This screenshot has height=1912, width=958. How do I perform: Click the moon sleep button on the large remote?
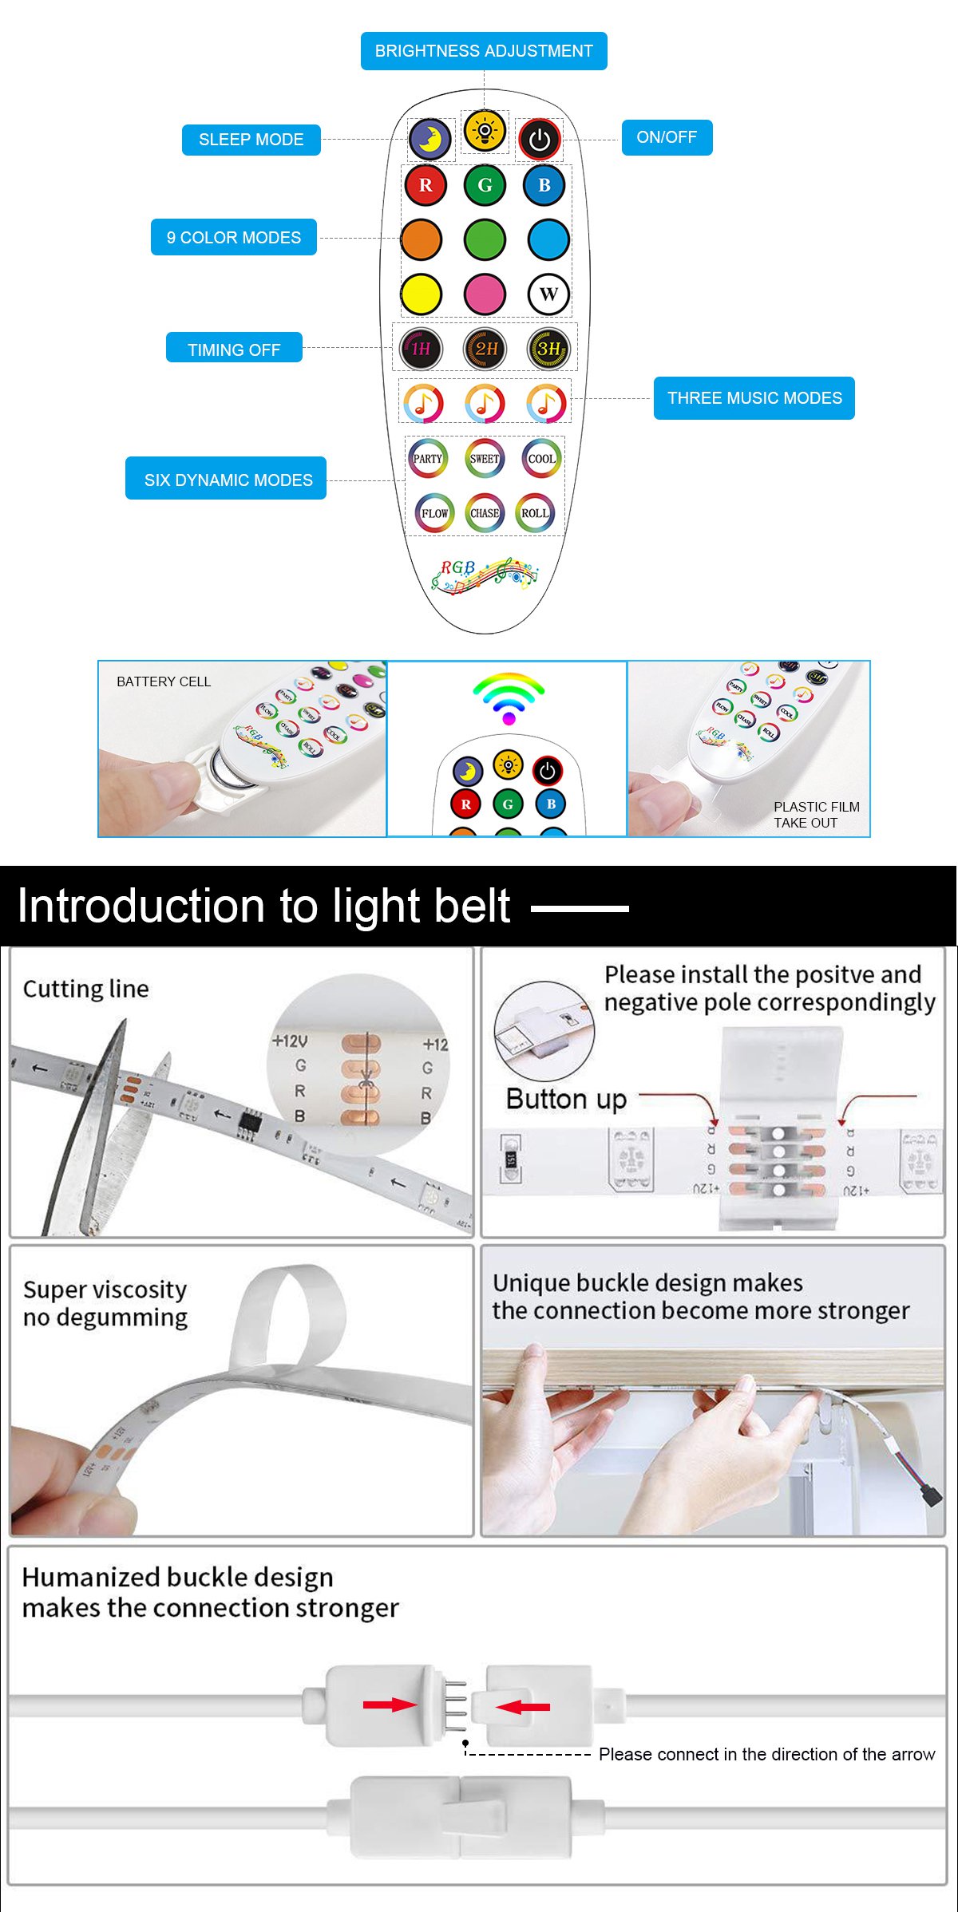(x=430, y=139)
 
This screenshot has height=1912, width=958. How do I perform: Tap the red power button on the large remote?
(x=540, y=140)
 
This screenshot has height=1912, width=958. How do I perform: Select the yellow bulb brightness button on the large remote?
(x=485, y=130)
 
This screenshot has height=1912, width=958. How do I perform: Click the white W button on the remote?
(x=548, y=294)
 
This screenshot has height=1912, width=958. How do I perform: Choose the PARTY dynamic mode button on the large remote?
(x=428, y=459)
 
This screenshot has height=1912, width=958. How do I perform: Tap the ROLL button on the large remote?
(x=535, y=513)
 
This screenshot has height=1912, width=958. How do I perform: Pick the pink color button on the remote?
(x=485, y=294)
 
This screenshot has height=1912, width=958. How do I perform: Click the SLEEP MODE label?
(x=251, y=140)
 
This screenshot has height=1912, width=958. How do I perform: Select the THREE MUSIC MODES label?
(x=754, y=398)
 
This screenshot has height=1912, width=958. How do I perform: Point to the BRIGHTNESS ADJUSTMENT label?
(x=484, y=51)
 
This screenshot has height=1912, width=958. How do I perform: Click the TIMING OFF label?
(x=234, y=350)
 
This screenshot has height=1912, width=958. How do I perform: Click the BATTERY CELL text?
(x=164, y=681)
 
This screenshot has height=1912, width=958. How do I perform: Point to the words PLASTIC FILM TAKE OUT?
(x=816, y=815)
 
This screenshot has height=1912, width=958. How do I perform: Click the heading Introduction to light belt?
(x=263, y=907)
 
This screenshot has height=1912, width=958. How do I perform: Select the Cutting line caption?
(x=85, y=990)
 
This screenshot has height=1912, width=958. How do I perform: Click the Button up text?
(x=566, y=1100)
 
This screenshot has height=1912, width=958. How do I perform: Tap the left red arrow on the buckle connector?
(x=390, y=1705)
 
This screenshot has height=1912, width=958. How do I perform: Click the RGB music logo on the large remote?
(x=485, y=575)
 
